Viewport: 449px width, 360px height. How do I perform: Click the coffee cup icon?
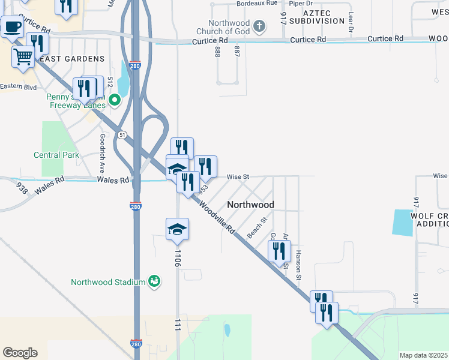click(12, 26)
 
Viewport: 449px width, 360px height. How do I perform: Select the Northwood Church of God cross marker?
click(259, 26)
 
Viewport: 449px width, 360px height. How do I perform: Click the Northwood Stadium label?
click(108, 282)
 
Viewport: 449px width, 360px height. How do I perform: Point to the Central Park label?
click(56, 155)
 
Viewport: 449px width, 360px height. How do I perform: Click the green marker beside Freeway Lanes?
click(112, 105)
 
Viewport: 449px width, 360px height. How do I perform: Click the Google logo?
click(20, 353)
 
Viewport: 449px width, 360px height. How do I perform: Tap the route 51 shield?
click(122, 135)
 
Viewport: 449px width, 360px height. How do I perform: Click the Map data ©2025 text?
click(423, 355)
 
